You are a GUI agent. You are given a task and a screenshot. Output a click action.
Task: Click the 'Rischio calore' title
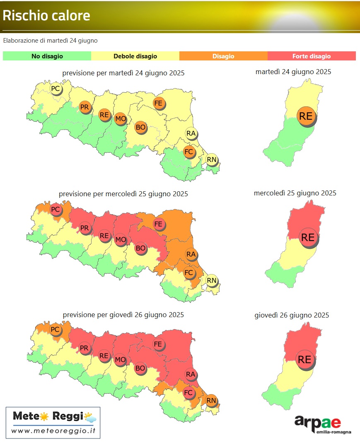click(x=46, y=16)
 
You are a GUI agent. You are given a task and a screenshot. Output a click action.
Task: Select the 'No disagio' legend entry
click(x=47, y=56)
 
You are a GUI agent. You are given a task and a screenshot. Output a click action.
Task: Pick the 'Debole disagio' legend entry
click(x=135, y=56)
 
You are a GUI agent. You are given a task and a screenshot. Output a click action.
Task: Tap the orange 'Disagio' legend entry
click(x=223, y=56)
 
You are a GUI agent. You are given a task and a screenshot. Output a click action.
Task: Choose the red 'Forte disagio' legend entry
click(x=312, y=56)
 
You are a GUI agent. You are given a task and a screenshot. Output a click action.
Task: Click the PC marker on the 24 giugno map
click(x=55, y=88)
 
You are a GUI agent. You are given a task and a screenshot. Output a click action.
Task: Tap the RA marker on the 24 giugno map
click(x=191, y=133)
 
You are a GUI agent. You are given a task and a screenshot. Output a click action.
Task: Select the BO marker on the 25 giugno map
click(x=140, y=248)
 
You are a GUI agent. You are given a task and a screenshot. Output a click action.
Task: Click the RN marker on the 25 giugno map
click(x=212, y=280)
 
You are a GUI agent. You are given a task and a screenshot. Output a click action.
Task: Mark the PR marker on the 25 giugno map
click(x=85, y=228)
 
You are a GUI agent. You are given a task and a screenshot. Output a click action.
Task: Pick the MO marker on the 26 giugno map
click(x=120, y=359)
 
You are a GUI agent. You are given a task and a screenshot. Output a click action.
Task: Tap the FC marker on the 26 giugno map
click(x=188, y=392)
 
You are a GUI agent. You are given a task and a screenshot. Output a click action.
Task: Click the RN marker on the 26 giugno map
click(x=212, y=400)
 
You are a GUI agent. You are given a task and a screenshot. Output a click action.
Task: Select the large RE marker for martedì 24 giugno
click(x=306, y=116)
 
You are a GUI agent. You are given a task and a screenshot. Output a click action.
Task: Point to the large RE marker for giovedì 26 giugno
click(x=305, y=359)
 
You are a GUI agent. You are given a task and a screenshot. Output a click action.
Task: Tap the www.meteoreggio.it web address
click(x=53, y=431)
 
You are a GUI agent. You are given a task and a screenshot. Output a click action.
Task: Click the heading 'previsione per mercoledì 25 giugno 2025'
click(x=123, y=194)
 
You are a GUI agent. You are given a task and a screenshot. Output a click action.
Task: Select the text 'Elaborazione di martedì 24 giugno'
click(x=50, y=41)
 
